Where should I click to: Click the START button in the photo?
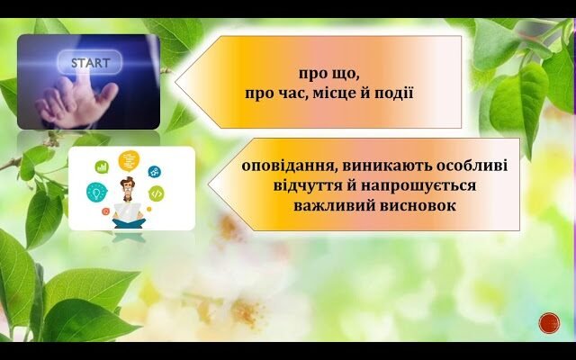point(90,63)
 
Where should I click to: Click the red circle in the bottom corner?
point(547,322)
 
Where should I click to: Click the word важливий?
point(329,205)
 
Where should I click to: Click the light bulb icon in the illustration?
point(96,192)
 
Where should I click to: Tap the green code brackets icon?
point(157,193)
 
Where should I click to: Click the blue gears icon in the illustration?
point(154,170)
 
